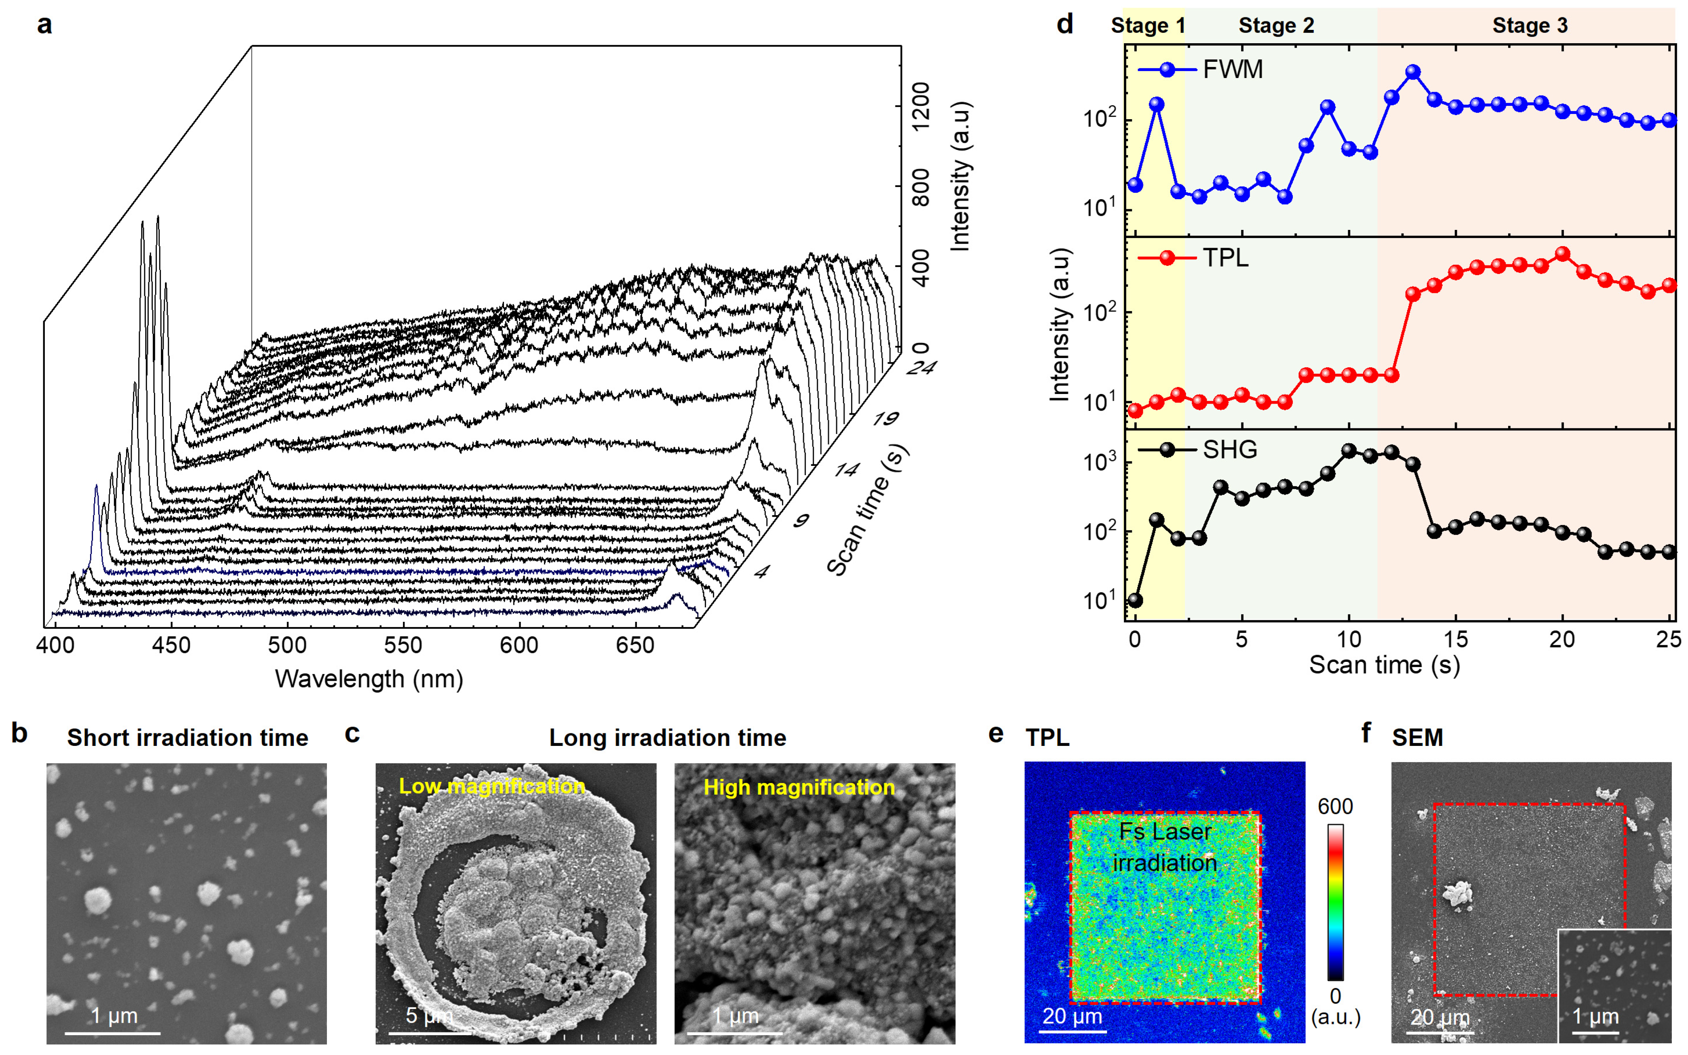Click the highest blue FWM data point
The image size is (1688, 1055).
1413,72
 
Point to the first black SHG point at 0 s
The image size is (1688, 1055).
1135,600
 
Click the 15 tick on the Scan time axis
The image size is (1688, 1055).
1456,639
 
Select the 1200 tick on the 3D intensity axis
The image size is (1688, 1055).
921,106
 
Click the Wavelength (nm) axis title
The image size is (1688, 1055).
369,679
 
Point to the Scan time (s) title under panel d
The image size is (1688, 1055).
1385,665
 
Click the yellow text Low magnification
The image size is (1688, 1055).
491,786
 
